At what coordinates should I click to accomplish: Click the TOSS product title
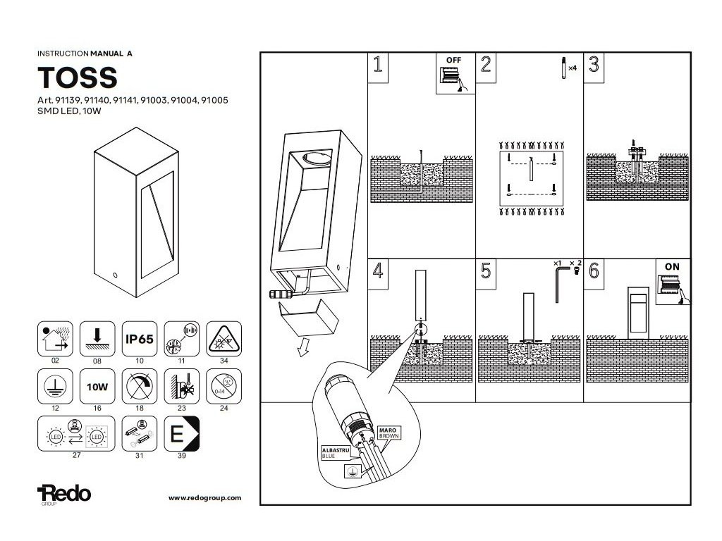click(77, 76)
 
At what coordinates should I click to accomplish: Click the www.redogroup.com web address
click(204, 497)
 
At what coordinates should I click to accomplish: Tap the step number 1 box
click(379, 66)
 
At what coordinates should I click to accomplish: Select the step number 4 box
click(379, 270)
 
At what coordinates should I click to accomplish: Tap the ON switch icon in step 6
click(673, 282)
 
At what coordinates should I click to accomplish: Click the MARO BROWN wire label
click(388, 432)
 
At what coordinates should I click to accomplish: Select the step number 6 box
click(594, 270)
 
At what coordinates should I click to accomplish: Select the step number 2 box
click(486, 66)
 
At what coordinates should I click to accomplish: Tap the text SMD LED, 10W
click(66, 111)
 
